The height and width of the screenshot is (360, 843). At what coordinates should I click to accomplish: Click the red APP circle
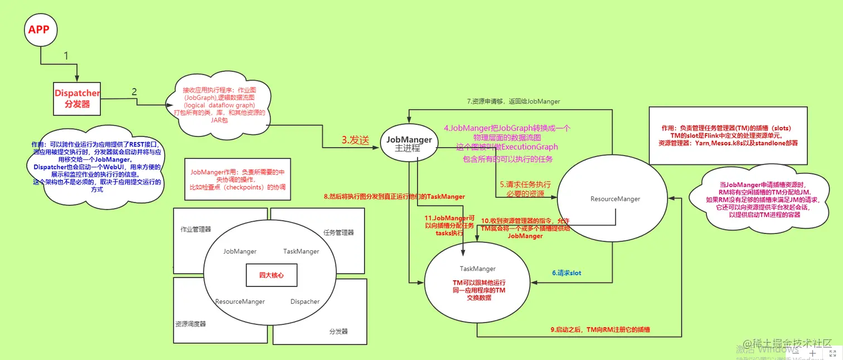pos(38,30)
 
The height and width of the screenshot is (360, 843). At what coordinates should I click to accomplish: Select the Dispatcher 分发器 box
pos(77,98)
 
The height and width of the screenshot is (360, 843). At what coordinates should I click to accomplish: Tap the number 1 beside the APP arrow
pos(66,56)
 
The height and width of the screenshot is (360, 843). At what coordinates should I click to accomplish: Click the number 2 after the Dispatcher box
pos(134,91)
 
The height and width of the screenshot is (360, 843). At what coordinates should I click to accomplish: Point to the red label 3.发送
pos(356,140)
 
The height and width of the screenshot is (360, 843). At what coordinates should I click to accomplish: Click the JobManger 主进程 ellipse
pos(409,144)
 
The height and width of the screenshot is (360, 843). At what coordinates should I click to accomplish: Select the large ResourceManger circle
pos(615,198)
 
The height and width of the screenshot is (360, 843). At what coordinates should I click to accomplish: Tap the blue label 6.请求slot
pos(566,273)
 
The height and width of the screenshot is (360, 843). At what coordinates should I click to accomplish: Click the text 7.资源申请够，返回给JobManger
pos(513,101)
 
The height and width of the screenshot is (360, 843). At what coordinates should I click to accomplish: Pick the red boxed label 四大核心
pos(271,275)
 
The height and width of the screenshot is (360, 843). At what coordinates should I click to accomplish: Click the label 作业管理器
pos(196,229)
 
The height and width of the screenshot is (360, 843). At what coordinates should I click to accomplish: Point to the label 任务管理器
pos(338,232)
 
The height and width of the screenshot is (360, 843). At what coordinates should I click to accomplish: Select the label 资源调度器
pos(191,324)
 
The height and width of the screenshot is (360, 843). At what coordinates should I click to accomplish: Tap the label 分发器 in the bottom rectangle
pos(338,331)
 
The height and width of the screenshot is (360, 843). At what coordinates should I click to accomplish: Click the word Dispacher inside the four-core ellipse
pos(305,301)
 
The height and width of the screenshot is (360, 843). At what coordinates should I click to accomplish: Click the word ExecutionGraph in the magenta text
pos(530,147)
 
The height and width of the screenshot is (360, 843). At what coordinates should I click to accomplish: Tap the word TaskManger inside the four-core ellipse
pos(301,251)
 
